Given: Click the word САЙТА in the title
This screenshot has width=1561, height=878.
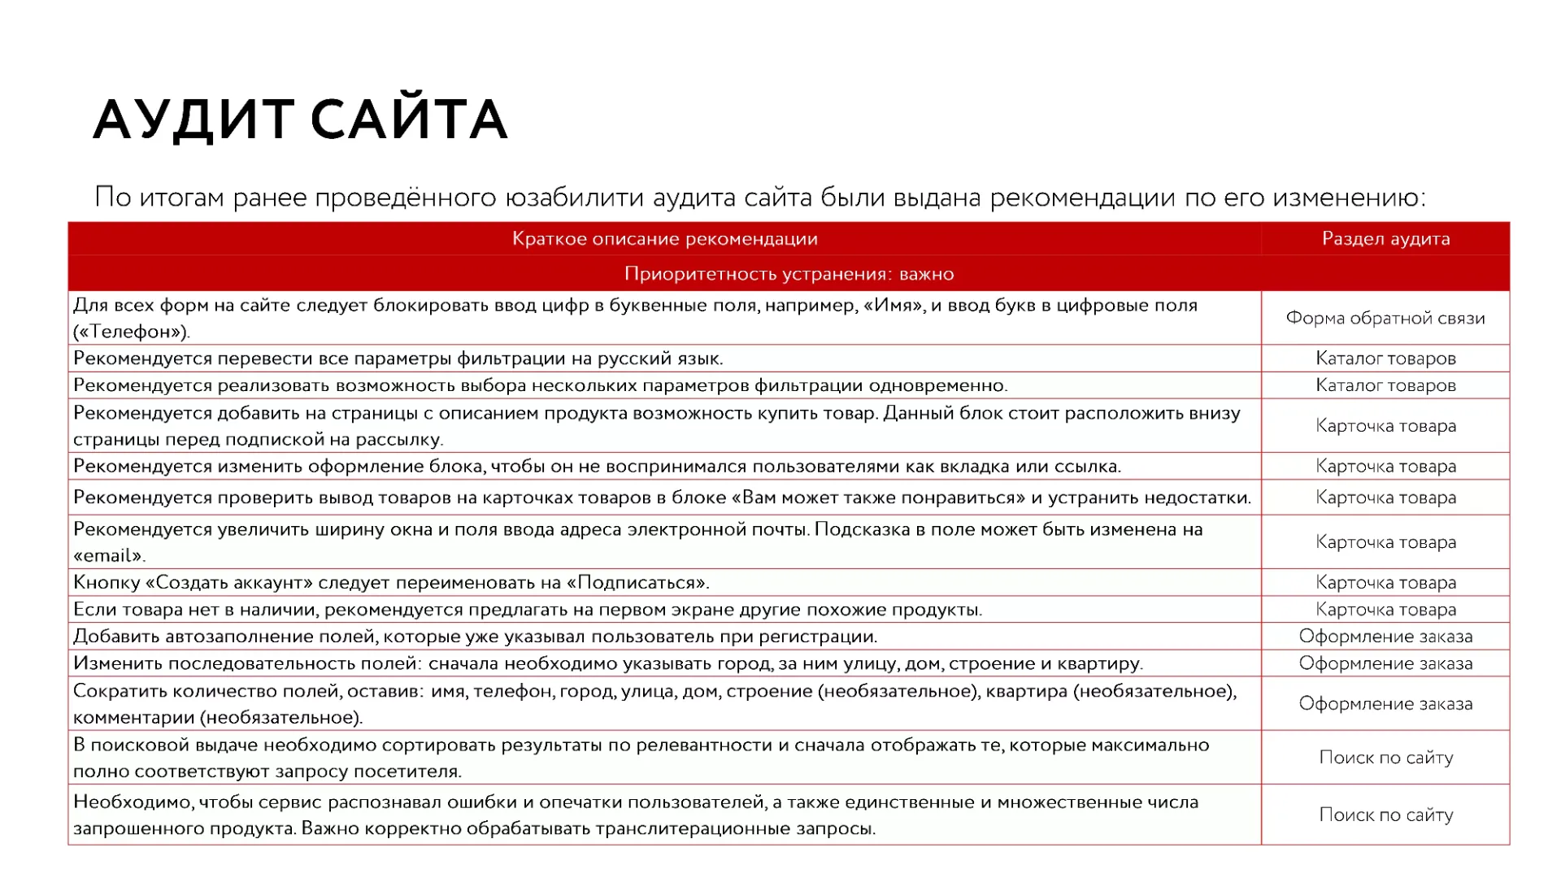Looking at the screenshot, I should (x=409, y=120).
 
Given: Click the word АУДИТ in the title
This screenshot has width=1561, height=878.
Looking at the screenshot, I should (x=193, y=120).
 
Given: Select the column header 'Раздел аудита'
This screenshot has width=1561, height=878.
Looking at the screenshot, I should (x=1385, y=239).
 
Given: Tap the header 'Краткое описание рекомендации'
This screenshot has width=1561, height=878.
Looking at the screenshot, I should (x=664, y=239).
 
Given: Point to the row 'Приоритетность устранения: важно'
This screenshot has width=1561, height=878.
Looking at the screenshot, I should (x=789, y=274).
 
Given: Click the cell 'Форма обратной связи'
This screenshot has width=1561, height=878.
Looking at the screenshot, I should (x=1385, y=318).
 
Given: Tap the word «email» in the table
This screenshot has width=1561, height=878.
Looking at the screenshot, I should (x=108, y=556).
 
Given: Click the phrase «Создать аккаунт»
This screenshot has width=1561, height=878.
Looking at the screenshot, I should (x=229, y=583).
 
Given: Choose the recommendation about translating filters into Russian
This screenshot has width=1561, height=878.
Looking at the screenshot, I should (x=398, y=359).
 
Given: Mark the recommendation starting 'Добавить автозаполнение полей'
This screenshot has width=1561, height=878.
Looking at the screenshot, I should (x=475, y=637).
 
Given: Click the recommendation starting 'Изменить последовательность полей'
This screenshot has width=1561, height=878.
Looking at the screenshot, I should (x=607, y=663).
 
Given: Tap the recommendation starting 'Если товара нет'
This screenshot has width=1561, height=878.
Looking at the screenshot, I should (x=527, y=610).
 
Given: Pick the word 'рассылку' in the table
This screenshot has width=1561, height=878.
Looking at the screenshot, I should (x=407, y=440).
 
